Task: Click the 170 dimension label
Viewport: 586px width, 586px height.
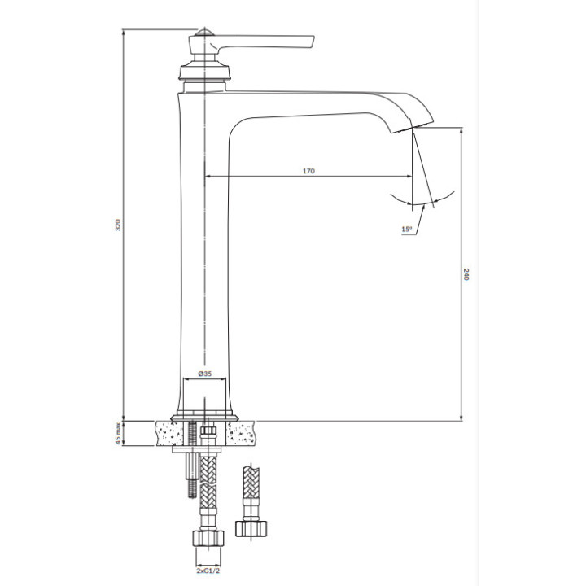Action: (308, 171)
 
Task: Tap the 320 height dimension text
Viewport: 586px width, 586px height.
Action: (118, 225)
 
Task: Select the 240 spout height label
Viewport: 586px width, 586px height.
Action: (466, 274)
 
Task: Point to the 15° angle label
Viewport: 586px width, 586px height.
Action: (407, 230)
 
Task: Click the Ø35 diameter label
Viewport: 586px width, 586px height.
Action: (205, 374)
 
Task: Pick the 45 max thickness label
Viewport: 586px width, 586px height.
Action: (118, 434)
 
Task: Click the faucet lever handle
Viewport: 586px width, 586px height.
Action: (261, 42)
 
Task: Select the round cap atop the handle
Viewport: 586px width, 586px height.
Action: (205, 32)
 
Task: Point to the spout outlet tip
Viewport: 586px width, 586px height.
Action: (412, 126)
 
